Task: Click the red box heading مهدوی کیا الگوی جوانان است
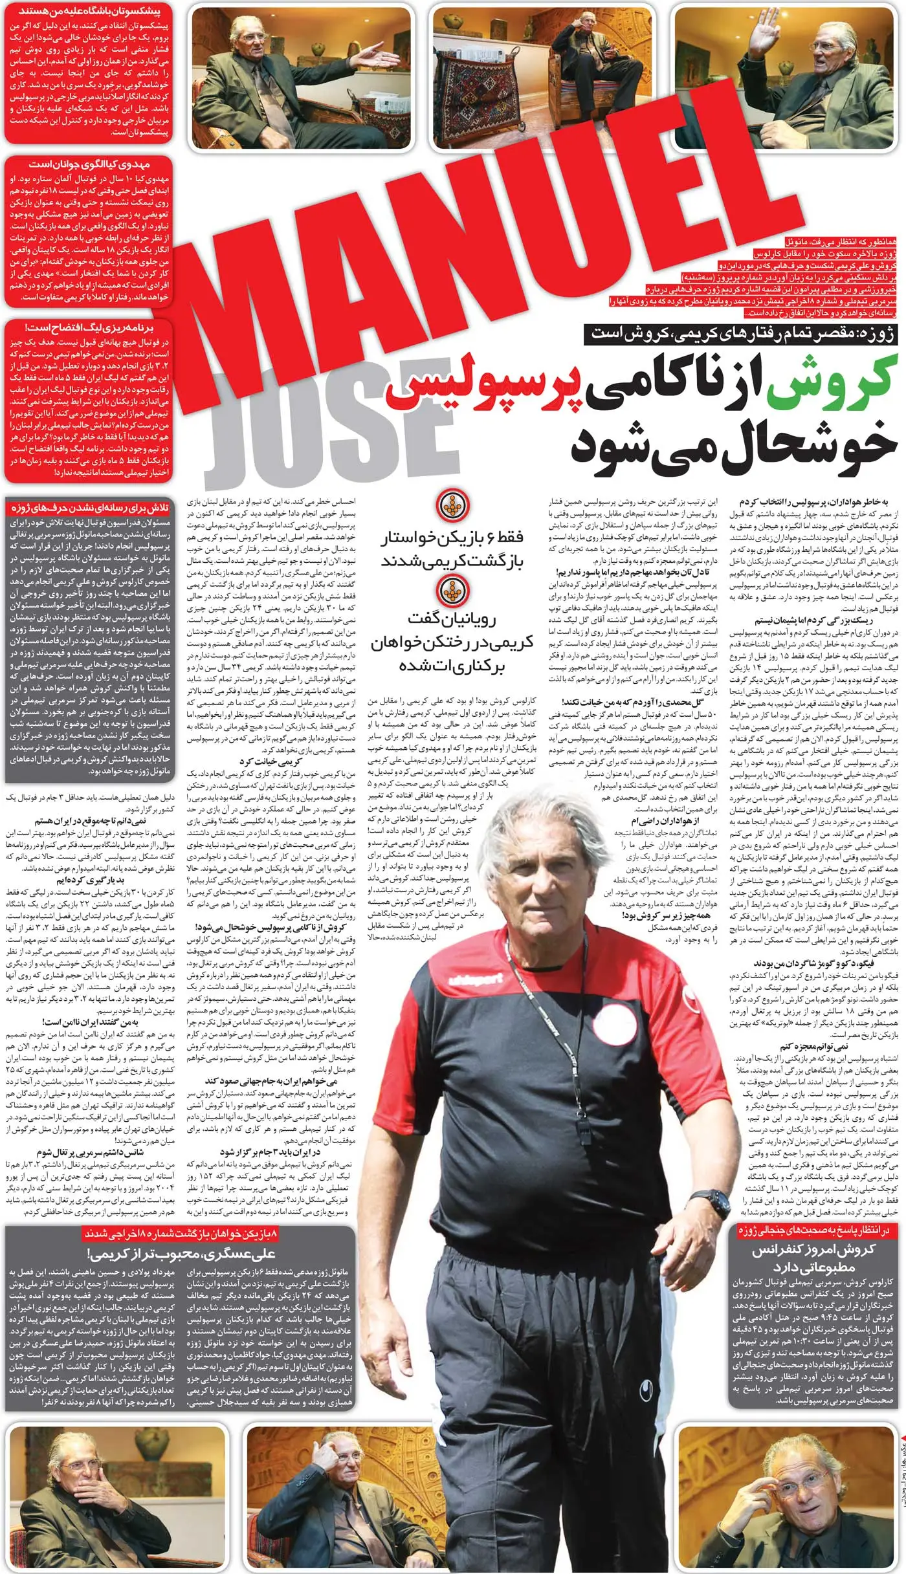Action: (89, 166)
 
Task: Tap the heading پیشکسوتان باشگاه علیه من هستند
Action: (89, 11)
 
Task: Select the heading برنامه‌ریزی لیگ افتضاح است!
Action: (89, 328)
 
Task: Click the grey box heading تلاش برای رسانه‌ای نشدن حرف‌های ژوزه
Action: (89, 507)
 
